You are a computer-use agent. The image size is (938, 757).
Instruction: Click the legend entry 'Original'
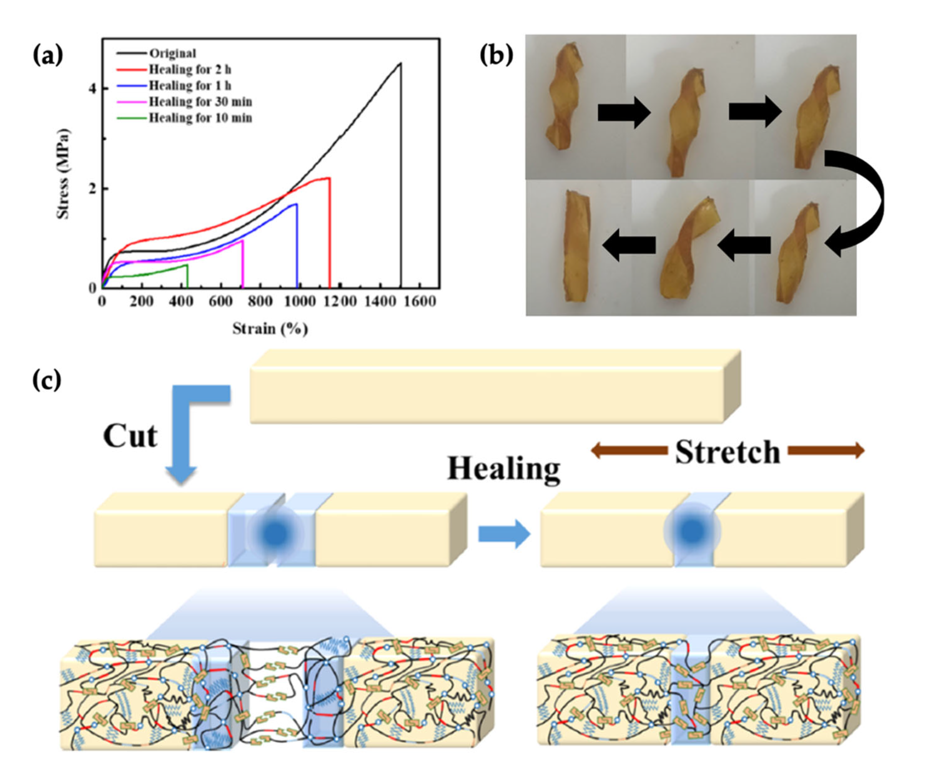[173, 53]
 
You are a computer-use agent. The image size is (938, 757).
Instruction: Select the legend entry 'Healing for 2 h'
[190, 69]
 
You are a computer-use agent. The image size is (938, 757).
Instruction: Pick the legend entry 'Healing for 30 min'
[200, 101]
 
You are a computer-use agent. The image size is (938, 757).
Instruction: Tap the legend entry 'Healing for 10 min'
[200, 118]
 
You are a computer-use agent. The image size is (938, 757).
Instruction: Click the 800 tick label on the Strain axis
[260, 301]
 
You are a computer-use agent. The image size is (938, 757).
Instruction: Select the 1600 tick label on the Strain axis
[419, 301]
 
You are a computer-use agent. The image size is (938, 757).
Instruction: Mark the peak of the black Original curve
[400, 63]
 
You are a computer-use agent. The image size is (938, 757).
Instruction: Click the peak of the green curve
[187, 265]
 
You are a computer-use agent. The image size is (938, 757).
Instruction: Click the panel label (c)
[47, 380]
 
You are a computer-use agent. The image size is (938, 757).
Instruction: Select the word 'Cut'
[130, 436]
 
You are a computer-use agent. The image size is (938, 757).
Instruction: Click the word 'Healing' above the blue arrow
[504, 469]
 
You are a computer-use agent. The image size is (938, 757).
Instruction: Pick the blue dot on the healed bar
[692, 531]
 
